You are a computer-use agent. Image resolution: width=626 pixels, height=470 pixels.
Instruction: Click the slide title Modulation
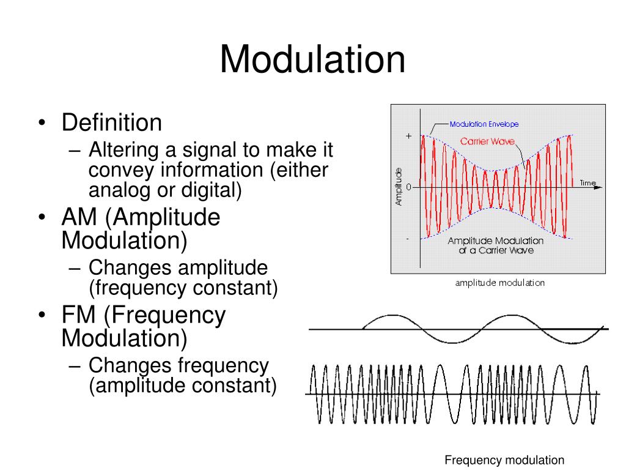coord(312,60)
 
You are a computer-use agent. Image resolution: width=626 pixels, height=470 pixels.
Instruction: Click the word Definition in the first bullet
coord(112,123)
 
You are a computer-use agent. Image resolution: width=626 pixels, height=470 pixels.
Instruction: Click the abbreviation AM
coord(81,218)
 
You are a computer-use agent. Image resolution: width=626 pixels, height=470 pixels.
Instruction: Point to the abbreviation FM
coord(79,315)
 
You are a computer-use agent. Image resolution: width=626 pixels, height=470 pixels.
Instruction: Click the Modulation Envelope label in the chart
coord(484,124)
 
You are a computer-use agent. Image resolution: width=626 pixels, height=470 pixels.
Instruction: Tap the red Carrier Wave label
coord(487,141)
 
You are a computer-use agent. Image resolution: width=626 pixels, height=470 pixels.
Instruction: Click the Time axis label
coord(587,183)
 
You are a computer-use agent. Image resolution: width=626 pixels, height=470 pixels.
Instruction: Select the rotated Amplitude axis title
coord(399,186)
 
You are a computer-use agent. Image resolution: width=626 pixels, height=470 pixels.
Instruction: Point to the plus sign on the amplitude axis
coord(409,135)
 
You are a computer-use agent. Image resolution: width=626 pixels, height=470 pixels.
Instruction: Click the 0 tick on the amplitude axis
coord(409,187)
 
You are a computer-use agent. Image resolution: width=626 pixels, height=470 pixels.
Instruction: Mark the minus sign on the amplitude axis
coord(409,238)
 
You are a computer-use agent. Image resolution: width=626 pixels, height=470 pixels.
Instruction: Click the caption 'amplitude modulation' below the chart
coord(499,283)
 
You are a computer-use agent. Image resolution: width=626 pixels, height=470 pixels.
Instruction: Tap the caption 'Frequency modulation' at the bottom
coord(504,460)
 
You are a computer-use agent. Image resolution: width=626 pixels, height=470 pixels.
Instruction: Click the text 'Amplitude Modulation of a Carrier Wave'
coord(495,245)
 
